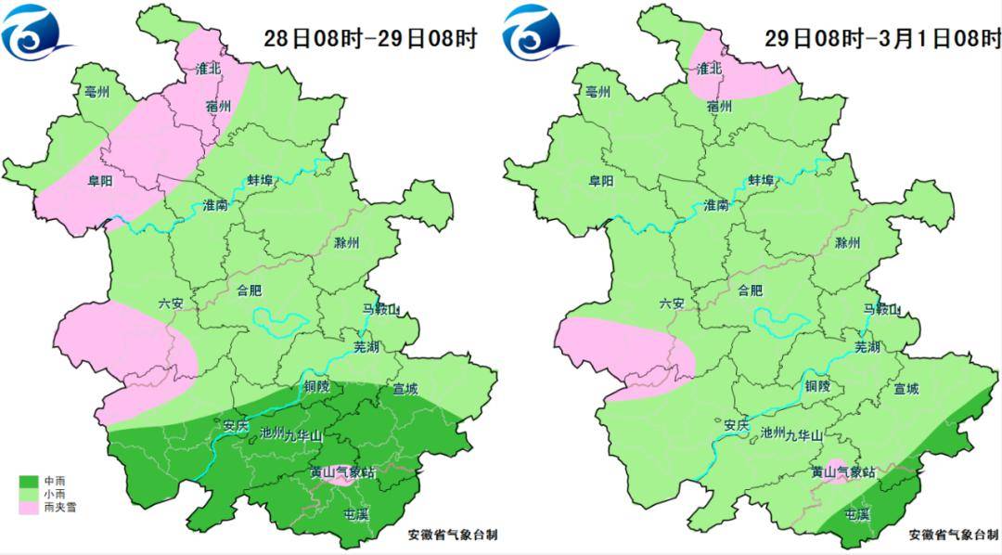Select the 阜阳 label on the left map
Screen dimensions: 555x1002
(100, 182)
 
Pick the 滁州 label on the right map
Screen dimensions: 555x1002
(848, 243)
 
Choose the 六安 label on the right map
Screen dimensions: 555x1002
(673, 303)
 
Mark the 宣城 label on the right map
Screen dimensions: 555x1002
(906, 389)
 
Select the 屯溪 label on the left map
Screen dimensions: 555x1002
(356, 514)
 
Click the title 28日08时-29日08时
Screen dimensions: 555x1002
(370, 39)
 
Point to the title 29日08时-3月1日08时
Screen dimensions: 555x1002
(882, 39)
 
